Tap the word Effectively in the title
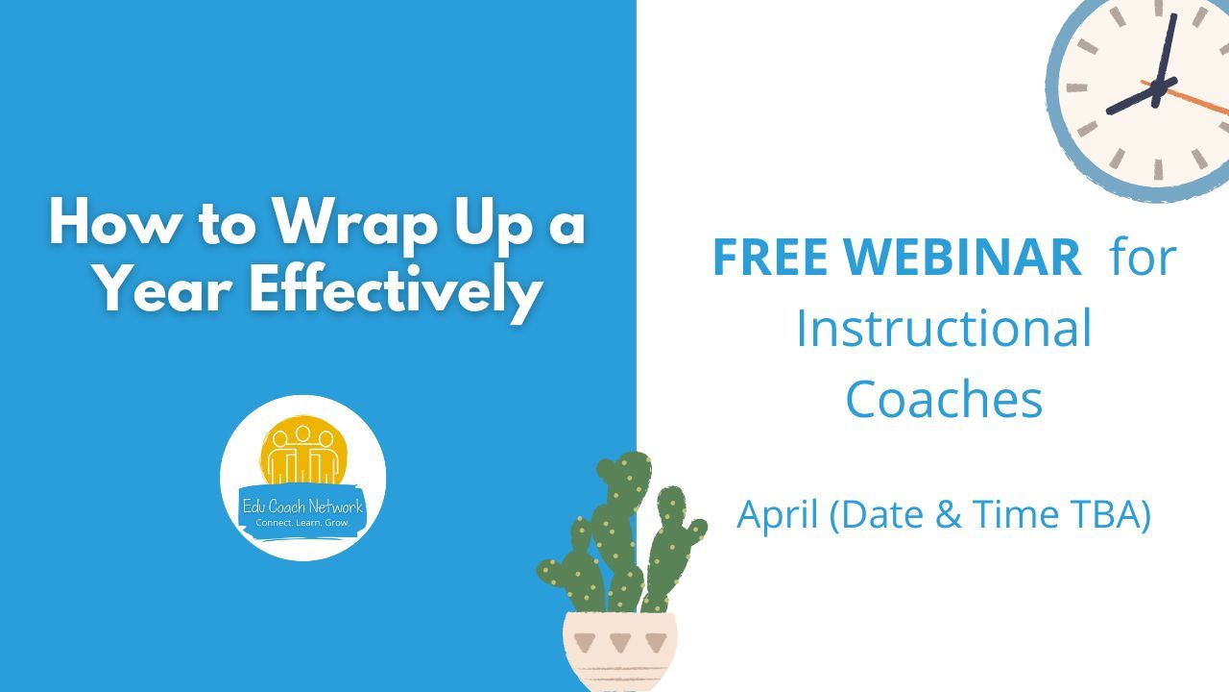[396, 290]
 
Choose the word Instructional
[944, 329]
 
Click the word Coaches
[944, 399]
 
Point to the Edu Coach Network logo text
[302, 506]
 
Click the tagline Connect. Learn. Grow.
[302, 522]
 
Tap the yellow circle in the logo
[304, 450]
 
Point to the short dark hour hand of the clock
[1142, 95]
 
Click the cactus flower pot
[620, 652]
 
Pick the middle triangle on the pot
[620, 642]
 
